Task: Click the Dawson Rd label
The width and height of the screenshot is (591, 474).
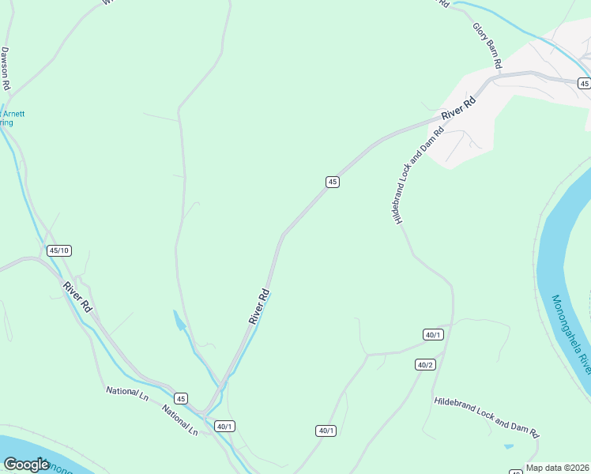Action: (6, 68)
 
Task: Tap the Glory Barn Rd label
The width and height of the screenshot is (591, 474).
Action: (487, 47)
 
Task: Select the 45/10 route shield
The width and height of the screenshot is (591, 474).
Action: (59, 250)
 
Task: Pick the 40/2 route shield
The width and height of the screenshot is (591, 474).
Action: (425, 364)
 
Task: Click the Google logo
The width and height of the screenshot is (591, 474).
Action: (26, 465)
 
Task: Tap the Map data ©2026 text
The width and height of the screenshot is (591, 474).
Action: (557, 468)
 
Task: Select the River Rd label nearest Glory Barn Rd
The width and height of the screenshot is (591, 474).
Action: (459, 108)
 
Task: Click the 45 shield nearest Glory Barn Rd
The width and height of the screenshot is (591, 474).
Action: (584, 83)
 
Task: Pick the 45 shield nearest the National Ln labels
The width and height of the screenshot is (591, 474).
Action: (181, 398)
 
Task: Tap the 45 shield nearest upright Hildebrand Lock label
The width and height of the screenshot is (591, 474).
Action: (333, 182)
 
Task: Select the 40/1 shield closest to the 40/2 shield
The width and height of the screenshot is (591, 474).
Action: (433, 335)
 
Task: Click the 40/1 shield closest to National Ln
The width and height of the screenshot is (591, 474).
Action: (224, 427)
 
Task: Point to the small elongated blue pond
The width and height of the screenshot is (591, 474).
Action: (180, 321)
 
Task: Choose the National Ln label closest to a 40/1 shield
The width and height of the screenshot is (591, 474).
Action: (180, 421)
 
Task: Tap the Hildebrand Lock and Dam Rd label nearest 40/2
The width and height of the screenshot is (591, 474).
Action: (486, 417)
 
